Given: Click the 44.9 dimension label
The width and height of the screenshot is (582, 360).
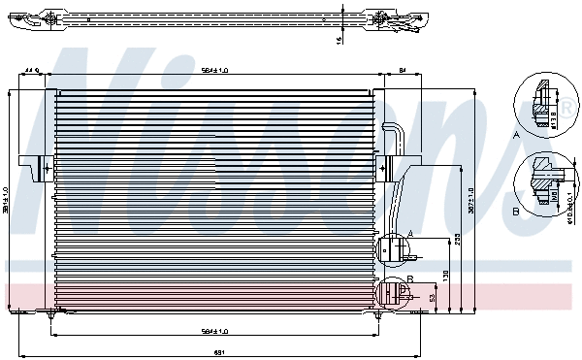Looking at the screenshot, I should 31,70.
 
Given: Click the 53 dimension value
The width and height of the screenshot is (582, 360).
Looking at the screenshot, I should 432,298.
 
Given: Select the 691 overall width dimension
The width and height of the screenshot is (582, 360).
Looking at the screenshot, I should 219,351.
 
